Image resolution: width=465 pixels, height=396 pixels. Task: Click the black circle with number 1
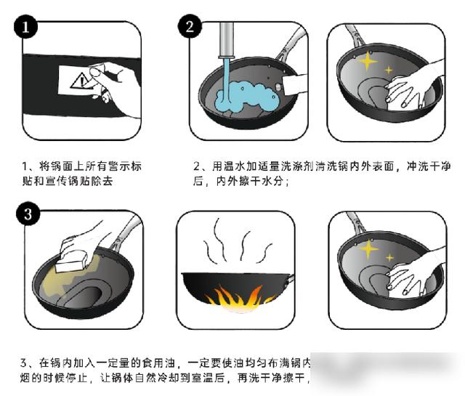pos(26,28)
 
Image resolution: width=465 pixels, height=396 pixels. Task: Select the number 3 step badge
pos(27,214)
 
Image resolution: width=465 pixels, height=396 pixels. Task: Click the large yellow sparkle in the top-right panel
pos(368,61)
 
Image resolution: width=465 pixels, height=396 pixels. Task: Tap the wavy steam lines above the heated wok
pos(232,244)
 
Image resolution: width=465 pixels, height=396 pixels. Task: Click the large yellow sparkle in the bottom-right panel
pos(370,250)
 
